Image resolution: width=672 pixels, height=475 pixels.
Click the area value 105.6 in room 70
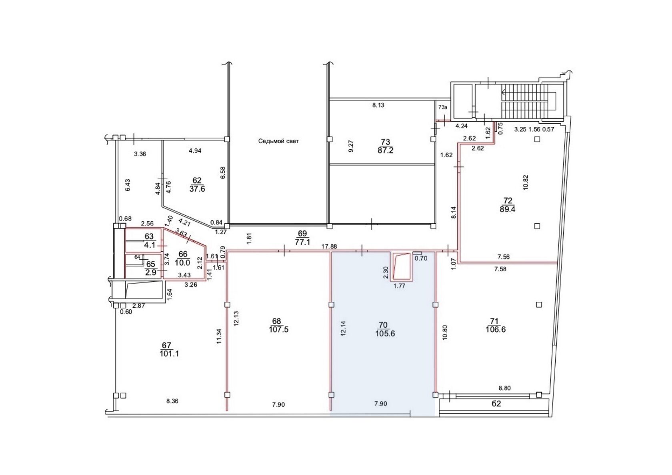[x=385, y=333]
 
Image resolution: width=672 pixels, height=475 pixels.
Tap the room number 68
[x=276, y=321]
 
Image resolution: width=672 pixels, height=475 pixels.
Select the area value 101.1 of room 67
[x=170, y=353]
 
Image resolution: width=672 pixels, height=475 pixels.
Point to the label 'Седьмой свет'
[x=278, y=141]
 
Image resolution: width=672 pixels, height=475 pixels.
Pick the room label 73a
[x=443, y=107]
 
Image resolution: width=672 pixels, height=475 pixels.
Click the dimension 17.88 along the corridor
[x=329, y=247]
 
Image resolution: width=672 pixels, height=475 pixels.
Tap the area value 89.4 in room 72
[x=507, y=209]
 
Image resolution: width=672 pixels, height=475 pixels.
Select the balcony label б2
[x=496, y=404]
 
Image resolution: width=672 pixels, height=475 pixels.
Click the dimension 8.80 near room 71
[x=505, y=388]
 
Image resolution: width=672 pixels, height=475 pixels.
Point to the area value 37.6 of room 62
[x=197, y=189]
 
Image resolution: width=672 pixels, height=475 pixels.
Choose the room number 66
[x=183, y=254]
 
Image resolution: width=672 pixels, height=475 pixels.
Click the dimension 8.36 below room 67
[x=172, y=401]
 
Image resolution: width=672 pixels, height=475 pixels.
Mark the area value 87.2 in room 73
[x=386, y=150]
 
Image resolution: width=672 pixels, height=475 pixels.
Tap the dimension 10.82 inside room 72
[x=525, y=182]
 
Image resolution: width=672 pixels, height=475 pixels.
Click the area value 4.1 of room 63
[x=150, y=245]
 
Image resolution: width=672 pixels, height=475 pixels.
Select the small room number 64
[x=137, y=257]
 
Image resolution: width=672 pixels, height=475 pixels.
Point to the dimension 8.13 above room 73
[x=378, y=105]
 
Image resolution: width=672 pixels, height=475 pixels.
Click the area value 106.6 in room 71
[x=496, y=329]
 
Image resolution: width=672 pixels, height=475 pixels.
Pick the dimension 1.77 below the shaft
[x=399, y=286]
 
